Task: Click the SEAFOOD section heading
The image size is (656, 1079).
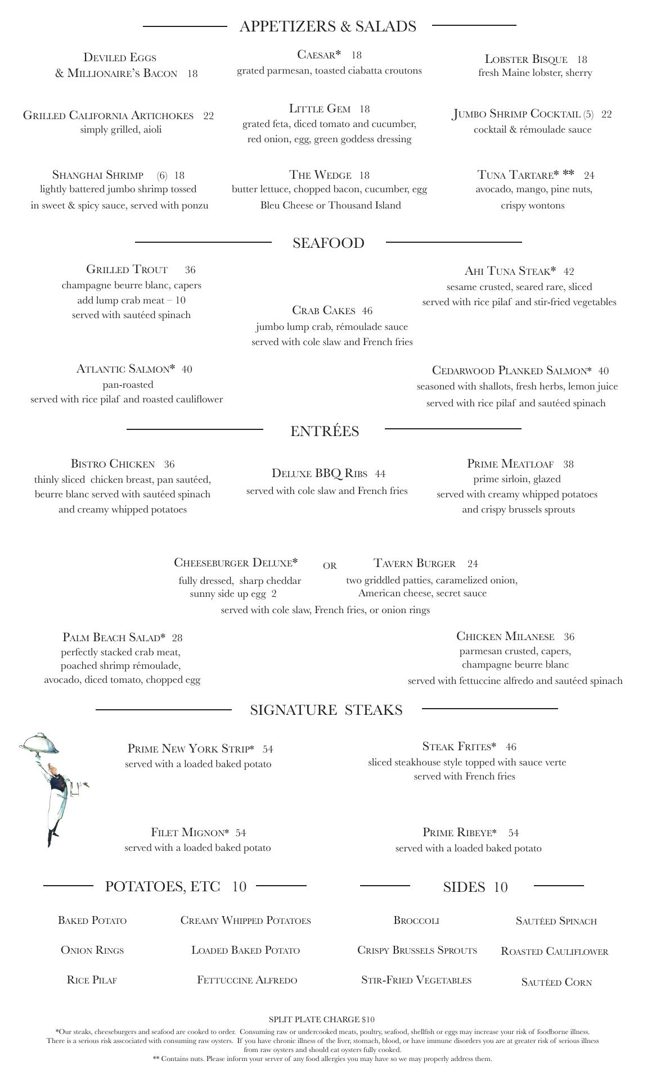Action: coord(328,243)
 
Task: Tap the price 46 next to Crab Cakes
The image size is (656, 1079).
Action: coord(367,311)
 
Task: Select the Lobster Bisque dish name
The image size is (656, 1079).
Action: coord(525,59)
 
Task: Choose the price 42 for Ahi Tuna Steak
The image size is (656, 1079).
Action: coord(568,271)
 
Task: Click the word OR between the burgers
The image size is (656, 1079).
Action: coord(330,566)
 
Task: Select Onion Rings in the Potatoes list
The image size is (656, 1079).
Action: coord(92,950)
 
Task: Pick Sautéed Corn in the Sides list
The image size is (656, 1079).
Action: coord(556,982)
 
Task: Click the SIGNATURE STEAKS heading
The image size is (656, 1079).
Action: coord(326,710)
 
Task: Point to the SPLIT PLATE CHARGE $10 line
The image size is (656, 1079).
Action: coord(321,1019)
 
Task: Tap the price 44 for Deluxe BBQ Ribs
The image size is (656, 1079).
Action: coord(380,474)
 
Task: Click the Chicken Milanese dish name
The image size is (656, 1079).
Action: coord(505,636)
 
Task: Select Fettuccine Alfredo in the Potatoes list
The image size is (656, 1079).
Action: coord(247,980)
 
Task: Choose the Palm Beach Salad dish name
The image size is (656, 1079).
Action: coord(114,637)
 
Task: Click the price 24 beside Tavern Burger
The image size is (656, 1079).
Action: coord(472,564)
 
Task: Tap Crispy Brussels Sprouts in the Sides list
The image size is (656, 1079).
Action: coord(417,950)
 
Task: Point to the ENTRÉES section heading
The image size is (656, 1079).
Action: coord(325,431)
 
